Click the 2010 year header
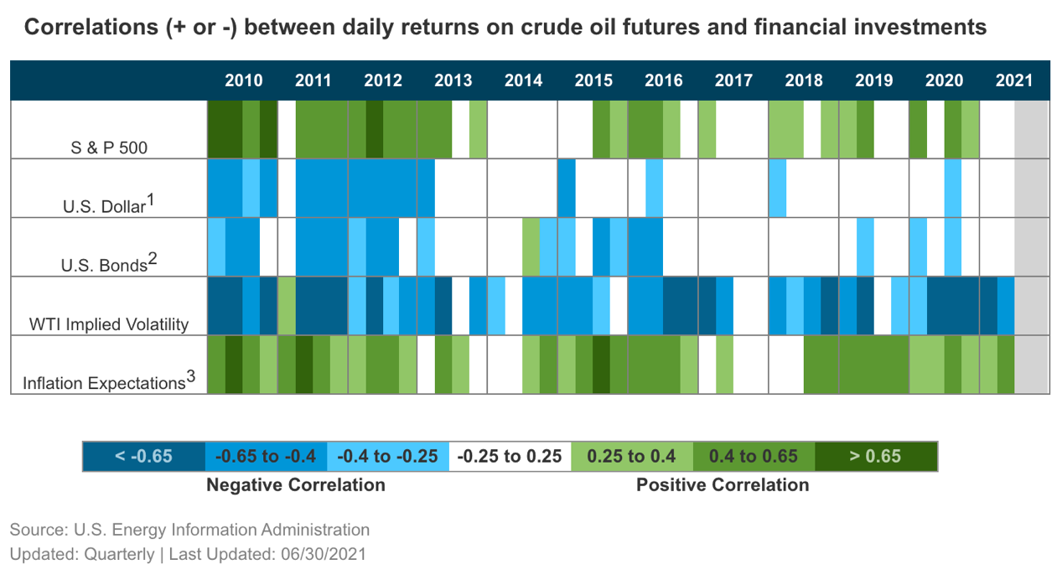tap(244, 81)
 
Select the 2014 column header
tap(524, 81)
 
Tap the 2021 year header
tap(1014, 81)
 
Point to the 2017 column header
tap(733, 81)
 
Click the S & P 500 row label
tap(109, 148)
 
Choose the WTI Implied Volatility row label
tap(109, 324)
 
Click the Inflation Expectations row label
tap(109, 382)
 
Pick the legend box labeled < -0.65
tap(143, 456)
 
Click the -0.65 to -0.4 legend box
tap(266, 456)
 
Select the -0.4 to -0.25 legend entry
tap(388, 456)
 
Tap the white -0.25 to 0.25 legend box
tap(510, 456)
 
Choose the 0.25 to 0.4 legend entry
tap(632, 456)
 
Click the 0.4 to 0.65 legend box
tap(754, 456)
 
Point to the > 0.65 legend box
tap(876, 456)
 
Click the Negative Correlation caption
tap(296, 484)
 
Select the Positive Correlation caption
tap(723, 484)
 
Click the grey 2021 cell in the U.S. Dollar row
tap(1032, 189)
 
